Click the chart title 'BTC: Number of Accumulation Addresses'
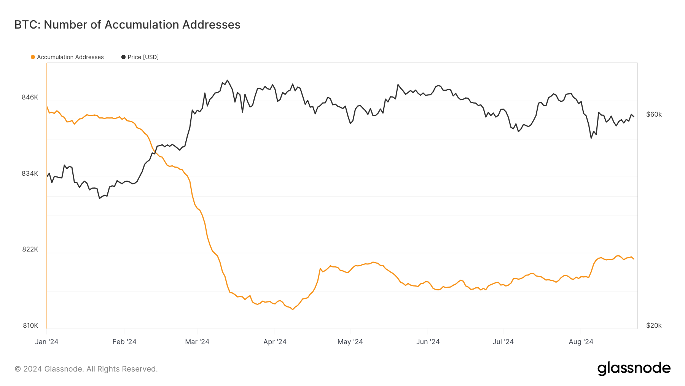(127, 25)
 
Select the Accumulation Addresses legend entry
(70, 57)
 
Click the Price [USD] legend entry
(143, 57)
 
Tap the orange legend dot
(33, 57)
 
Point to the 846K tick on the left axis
(30, 97)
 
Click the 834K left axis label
(30, 173)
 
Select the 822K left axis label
(30, 249)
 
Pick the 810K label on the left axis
(30, 325)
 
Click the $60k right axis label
(654, 114)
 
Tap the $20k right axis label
(654, 325)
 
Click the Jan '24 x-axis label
(46, 342)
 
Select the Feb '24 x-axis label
(124, 342)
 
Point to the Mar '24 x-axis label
(197, 342)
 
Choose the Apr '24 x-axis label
(275, 342)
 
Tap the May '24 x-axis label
(350, 342)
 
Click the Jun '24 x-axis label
(428, 342)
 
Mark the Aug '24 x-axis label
(581, 342)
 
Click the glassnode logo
(634, 368)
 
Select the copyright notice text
(86, 369)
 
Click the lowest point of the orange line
(292, 309)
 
